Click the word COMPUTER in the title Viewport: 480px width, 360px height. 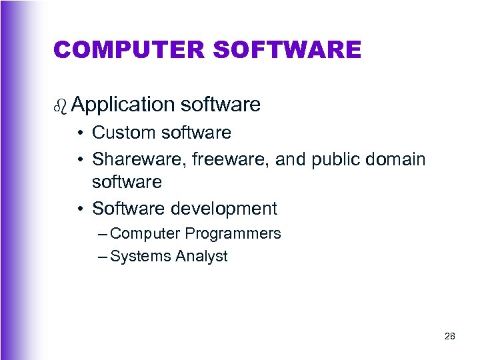[117, 49]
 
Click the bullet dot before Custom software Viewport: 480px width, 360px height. [79, 133]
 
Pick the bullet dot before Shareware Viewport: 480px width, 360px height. [79, 160]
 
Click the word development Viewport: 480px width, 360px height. [223, 209]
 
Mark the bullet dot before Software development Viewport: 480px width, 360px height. [79, 209]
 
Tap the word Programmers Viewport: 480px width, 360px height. [233, 234]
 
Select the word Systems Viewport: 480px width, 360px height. [136, 256]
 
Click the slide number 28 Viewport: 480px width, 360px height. [449, 337]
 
